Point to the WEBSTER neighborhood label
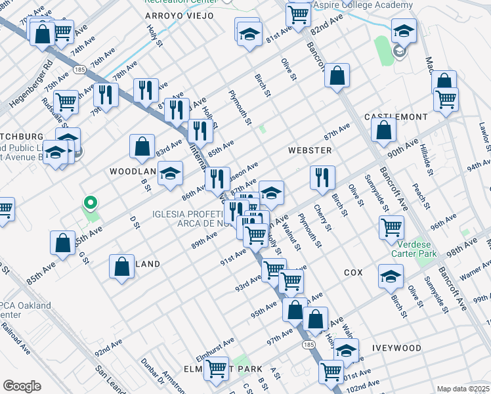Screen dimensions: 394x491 309,150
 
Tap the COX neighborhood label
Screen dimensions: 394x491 352,272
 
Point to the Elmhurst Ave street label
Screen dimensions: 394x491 214,343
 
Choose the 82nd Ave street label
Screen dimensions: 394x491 327,26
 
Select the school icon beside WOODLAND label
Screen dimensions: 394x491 171,173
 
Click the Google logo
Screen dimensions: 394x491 22,386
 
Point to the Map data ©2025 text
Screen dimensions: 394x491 463,389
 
